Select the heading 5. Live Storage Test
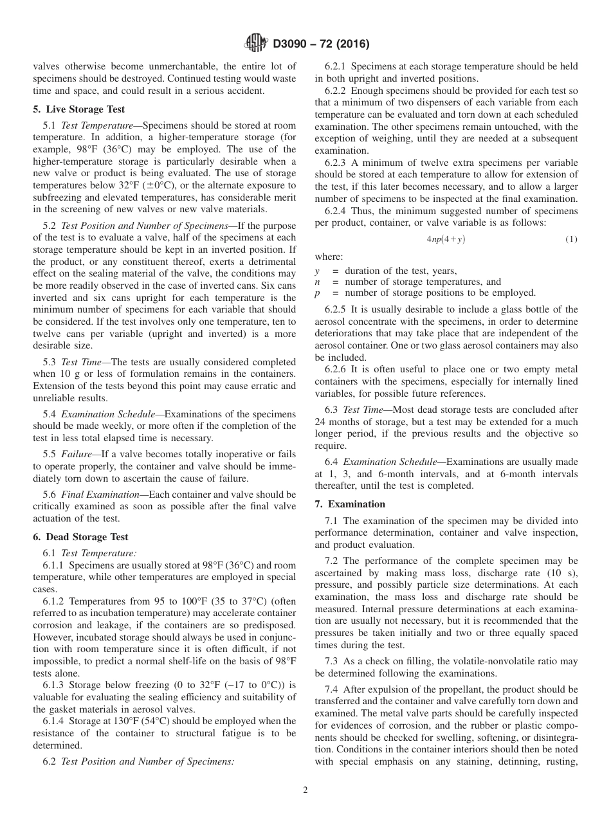pyautogui.click(x=78, y=109)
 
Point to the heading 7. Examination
pyautogui.click(x=350, y=504)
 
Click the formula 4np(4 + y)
pyautogui.click(x=446, y=239)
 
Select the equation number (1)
pyautogui.click(x=571, y=239)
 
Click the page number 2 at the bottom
pyautogui.click(x=305, y=790)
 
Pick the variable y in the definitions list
pyautogui.click(x=317, y=271)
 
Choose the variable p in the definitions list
pyautogui.click(x=317, y=293)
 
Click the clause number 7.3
pyautogui.click(x=333, y=662)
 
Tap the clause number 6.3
pyautogui.click(x=333, y=410)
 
